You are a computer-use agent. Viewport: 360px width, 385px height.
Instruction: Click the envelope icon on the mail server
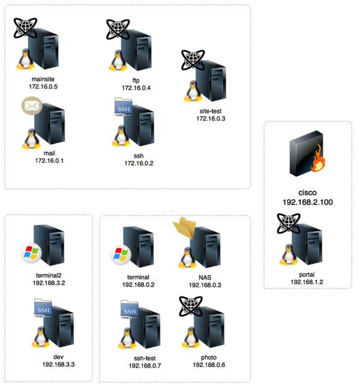pos(32,106)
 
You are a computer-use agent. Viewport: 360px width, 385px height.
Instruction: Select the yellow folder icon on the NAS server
pos(185,228)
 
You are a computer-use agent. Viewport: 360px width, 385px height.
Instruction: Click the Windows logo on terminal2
pos(31,253)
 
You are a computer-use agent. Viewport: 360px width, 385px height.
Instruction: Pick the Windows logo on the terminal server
pos(121,255)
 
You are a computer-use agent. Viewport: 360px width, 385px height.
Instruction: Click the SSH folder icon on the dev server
pos(43,308)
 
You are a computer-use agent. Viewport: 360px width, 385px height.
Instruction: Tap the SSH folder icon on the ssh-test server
pos(129,309)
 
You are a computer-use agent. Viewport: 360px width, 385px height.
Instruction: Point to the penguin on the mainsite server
pos(25,59)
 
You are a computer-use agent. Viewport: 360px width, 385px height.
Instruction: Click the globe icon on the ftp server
pos(118,29)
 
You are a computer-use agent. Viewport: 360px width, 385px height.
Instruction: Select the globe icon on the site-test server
pos(193,59)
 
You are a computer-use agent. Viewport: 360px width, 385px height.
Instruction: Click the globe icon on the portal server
pos(289,223)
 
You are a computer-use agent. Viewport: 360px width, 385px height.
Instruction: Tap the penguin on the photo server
pos(190,338)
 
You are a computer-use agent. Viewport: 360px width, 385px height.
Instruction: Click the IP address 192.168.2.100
pos(308,202)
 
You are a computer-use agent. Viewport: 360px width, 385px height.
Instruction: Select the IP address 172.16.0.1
pos(49,161)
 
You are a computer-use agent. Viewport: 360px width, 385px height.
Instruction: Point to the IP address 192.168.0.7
pos(145,366)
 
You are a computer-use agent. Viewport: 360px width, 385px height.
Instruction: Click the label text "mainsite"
pos(43,79)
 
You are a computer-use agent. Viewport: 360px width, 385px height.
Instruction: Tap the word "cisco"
pos(307,192)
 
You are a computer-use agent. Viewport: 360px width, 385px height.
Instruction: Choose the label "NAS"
pos(205,278)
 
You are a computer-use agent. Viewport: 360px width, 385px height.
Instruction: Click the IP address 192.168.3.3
pos(58,364)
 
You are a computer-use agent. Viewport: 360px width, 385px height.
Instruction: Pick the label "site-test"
pos(211,111)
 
